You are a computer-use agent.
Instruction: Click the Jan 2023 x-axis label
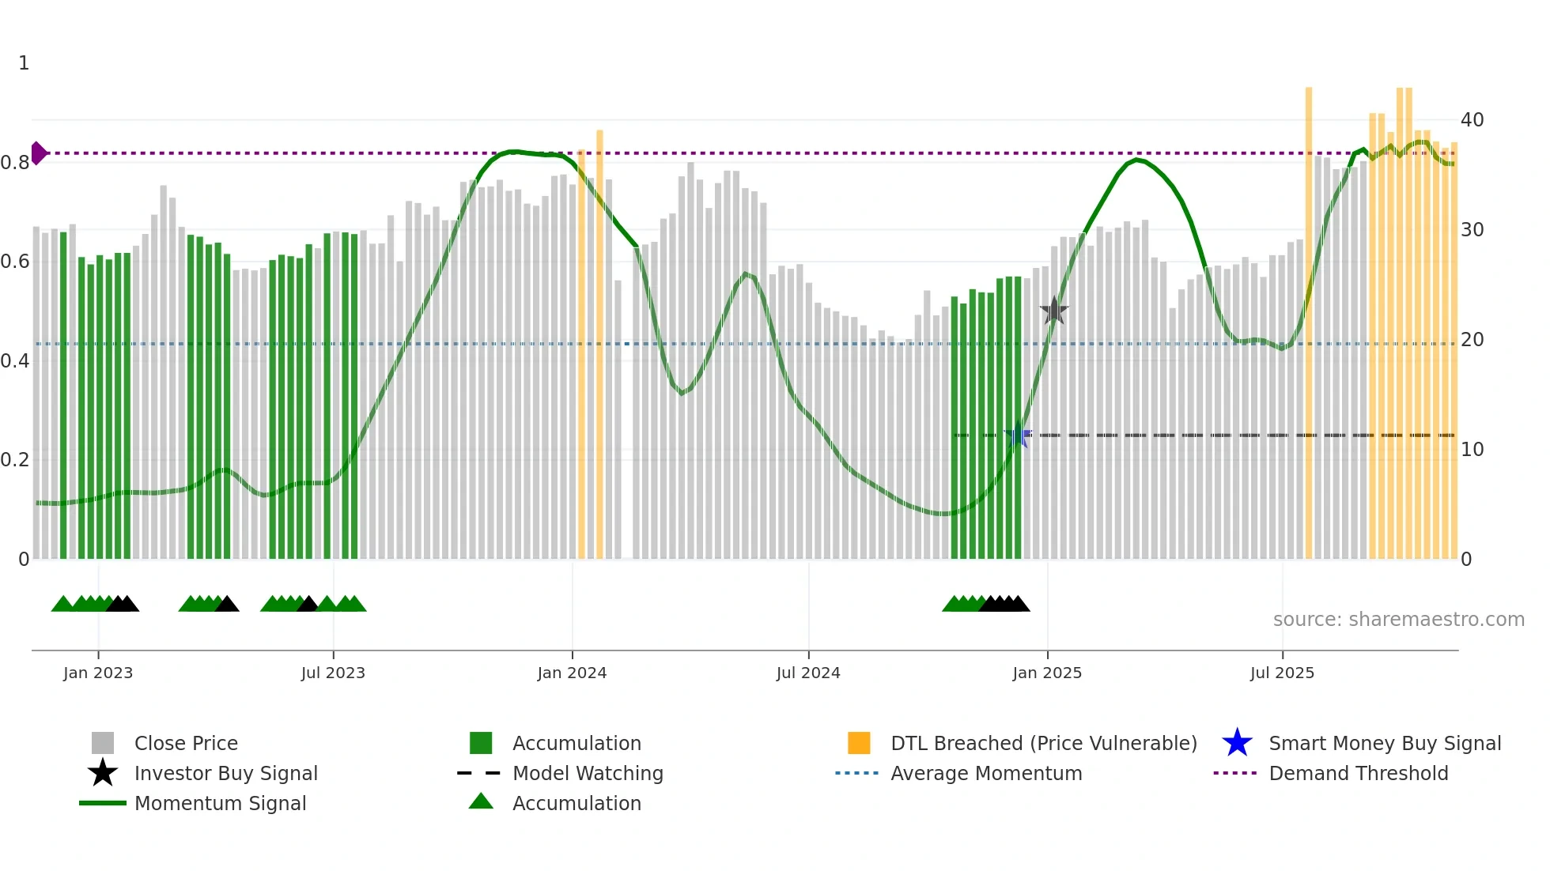click(98, 673)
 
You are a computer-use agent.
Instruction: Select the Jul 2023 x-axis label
click(333, 673)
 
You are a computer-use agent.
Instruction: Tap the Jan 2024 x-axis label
click(572, 673)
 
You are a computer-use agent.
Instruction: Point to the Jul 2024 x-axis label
click(808, 673)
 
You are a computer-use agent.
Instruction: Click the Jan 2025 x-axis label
click(1047, 673)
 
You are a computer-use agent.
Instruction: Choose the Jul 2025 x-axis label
click(1282, 673)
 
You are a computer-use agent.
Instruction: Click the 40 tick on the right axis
click(1472, 120)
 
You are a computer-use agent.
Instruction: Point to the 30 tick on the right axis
click(1472, 230)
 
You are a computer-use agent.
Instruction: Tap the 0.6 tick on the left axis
click(16, 262)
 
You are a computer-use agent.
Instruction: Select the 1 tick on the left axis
click(24, 63)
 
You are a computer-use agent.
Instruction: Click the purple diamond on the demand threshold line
click(38, 153)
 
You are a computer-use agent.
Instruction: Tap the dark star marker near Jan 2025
click(1053, 311)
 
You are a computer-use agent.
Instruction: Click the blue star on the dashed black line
click(1018, 435)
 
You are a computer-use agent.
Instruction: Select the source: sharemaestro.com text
click(1398, 620)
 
